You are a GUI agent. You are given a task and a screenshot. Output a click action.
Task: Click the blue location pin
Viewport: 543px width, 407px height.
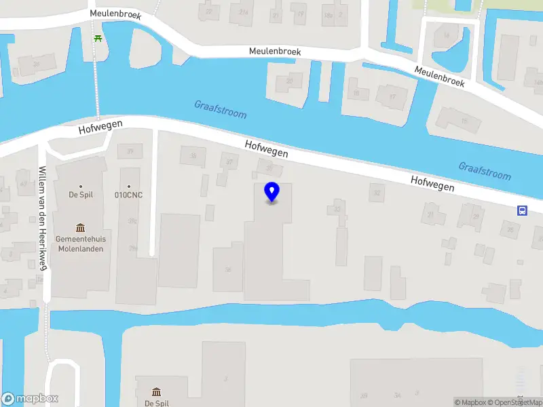tap(271, 193)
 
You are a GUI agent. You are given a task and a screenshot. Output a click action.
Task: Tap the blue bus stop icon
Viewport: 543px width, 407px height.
tap(522, 210)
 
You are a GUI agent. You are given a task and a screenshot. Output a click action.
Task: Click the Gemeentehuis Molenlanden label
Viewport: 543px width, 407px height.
tap(80, 244)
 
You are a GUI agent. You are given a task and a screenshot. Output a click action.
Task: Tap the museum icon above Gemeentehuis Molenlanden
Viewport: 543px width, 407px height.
tap(80, 227)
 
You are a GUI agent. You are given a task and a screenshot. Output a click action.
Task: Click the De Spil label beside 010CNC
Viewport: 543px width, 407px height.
tap(80, 195)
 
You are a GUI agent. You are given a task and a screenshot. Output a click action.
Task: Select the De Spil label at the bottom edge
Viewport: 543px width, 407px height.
tap(156, 403)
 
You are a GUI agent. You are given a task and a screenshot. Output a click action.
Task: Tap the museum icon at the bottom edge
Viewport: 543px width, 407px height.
tap(156, 392)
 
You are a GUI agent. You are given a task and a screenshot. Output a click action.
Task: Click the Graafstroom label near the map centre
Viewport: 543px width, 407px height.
tap(221, 110)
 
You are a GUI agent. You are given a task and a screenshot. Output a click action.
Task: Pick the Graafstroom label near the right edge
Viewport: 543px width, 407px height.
tap(484, 171)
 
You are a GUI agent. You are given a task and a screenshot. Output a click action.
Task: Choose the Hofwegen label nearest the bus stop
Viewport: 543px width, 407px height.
tap(432, 183)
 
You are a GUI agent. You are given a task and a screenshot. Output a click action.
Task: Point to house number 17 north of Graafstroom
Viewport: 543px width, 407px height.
tap(392, 96)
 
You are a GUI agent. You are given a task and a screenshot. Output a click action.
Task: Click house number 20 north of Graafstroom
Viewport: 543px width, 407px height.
tap(290, 82)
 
